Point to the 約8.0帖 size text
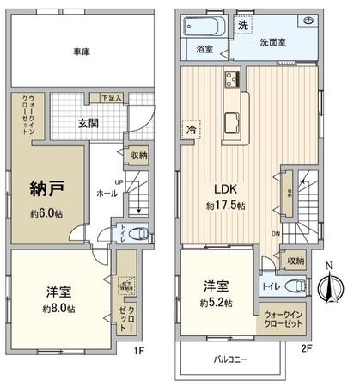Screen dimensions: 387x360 click(57, 308)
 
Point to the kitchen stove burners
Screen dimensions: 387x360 click(233, 83)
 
